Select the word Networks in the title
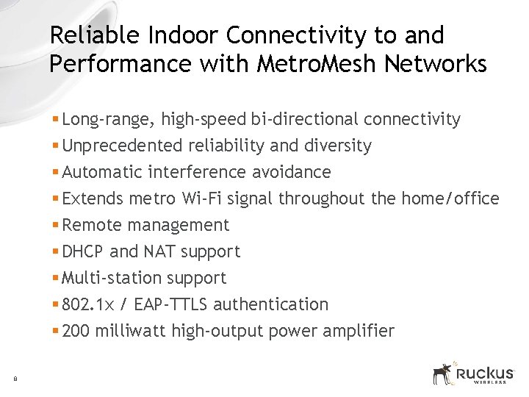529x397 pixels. coord(433,65)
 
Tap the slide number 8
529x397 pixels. coord(15,379)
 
